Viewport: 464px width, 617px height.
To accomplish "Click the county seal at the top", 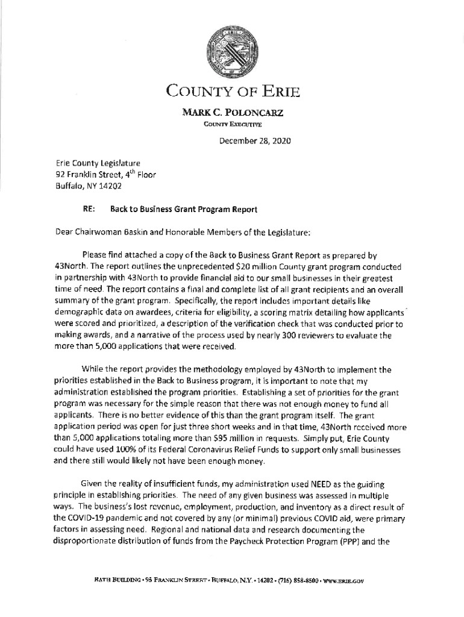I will pos(231,53).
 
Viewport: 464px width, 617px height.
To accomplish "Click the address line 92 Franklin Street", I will pos(96,175).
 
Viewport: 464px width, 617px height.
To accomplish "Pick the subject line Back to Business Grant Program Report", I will pos(184,210).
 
